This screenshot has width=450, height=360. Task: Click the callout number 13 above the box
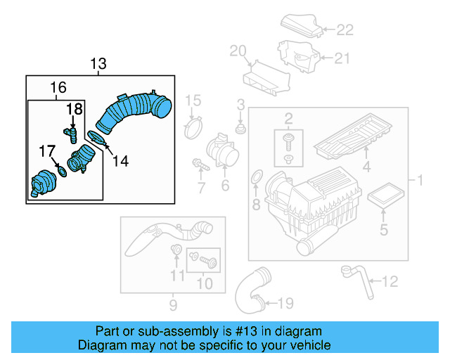(x=98, y=65)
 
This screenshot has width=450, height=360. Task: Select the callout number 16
(x=58, y=87)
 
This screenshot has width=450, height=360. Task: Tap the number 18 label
(x=75, y=109)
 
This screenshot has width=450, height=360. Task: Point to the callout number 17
(x=46, y=150)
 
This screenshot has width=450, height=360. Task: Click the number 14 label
(x=120, y=161)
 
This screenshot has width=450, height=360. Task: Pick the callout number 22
(x=345, y=30)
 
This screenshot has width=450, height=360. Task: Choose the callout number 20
(x=238, y=50)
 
